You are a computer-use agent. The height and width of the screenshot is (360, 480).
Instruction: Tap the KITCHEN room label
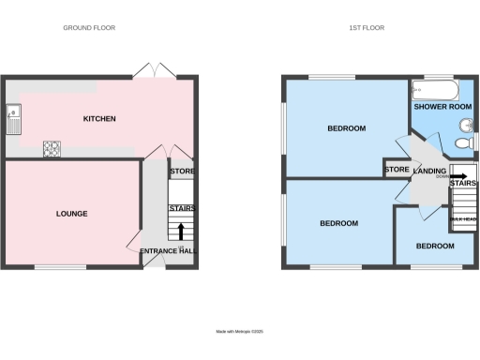[99, 119]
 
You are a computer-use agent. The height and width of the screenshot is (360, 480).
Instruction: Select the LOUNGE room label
[71, 214]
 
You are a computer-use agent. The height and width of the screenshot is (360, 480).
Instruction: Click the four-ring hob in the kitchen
[51, 147]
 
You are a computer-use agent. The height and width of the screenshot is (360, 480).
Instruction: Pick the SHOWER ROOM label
[442, 107]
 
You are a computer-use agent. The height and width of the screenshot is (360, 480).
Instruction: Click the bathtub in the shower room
[433, 91]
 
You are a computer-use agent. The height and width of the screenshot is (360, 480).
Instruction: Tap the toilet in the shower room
[461, 143]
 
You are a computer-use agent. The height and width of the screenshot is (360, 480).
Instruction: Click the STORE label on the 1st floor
[397, 170]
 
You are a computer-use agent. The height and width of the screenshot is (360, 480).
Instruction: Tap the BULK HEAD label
[463, 219]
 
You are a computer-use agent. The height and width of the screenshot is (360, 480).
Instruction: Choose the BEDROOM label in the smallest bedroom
[436, 246]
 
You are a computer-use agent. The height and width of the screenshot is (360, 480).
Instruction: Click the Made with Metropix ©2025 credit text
[240, 330]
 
